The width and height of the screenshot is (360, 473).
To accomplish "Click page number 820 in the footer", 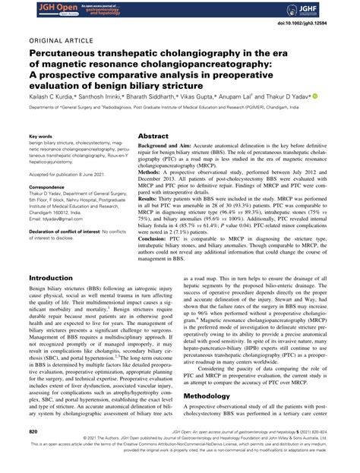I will click(x=33, y=452).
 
